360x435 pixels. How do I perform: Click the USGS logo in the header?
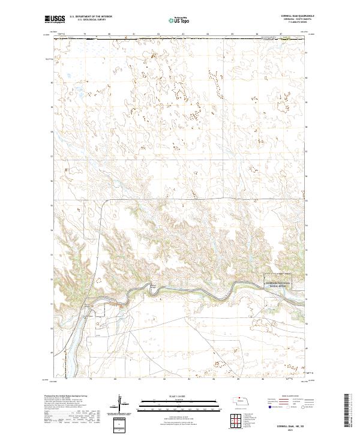click(x=55, y=19)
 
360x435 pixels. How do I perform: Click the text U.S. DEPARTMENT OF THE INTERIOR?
click(x=91, y=17)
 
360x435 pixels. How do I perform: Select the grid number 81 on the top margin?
click(x=134, y=35)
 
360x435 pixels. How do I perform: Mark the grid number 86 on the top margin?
click(x=256, y=35)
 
